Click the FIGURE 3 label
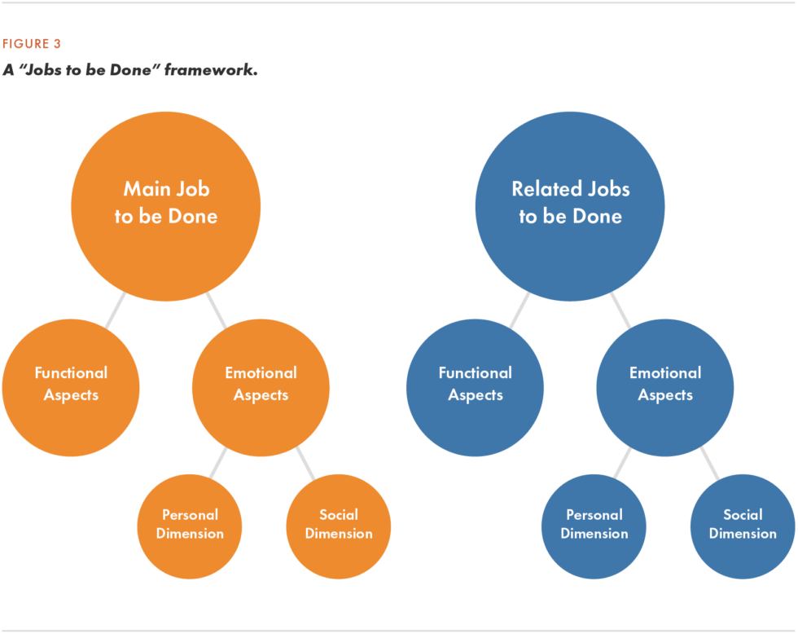(31, 44)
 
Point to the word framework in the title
(210, 70)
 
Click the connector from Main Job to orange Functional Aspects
(116, 310)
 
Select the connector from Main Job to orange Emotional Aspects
(216, 310)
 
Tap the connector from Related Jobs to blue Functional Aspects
(520, 310)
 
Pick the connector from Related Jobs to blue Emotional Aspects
(620, 310)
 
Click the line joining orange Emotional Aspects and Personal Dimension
(217, 463)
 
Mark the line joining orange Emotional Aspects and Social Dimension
(305, 463)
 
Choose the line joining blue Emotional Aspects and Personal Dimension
(622, 463)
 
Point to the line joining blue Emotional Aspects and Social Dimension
(709, 463)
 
